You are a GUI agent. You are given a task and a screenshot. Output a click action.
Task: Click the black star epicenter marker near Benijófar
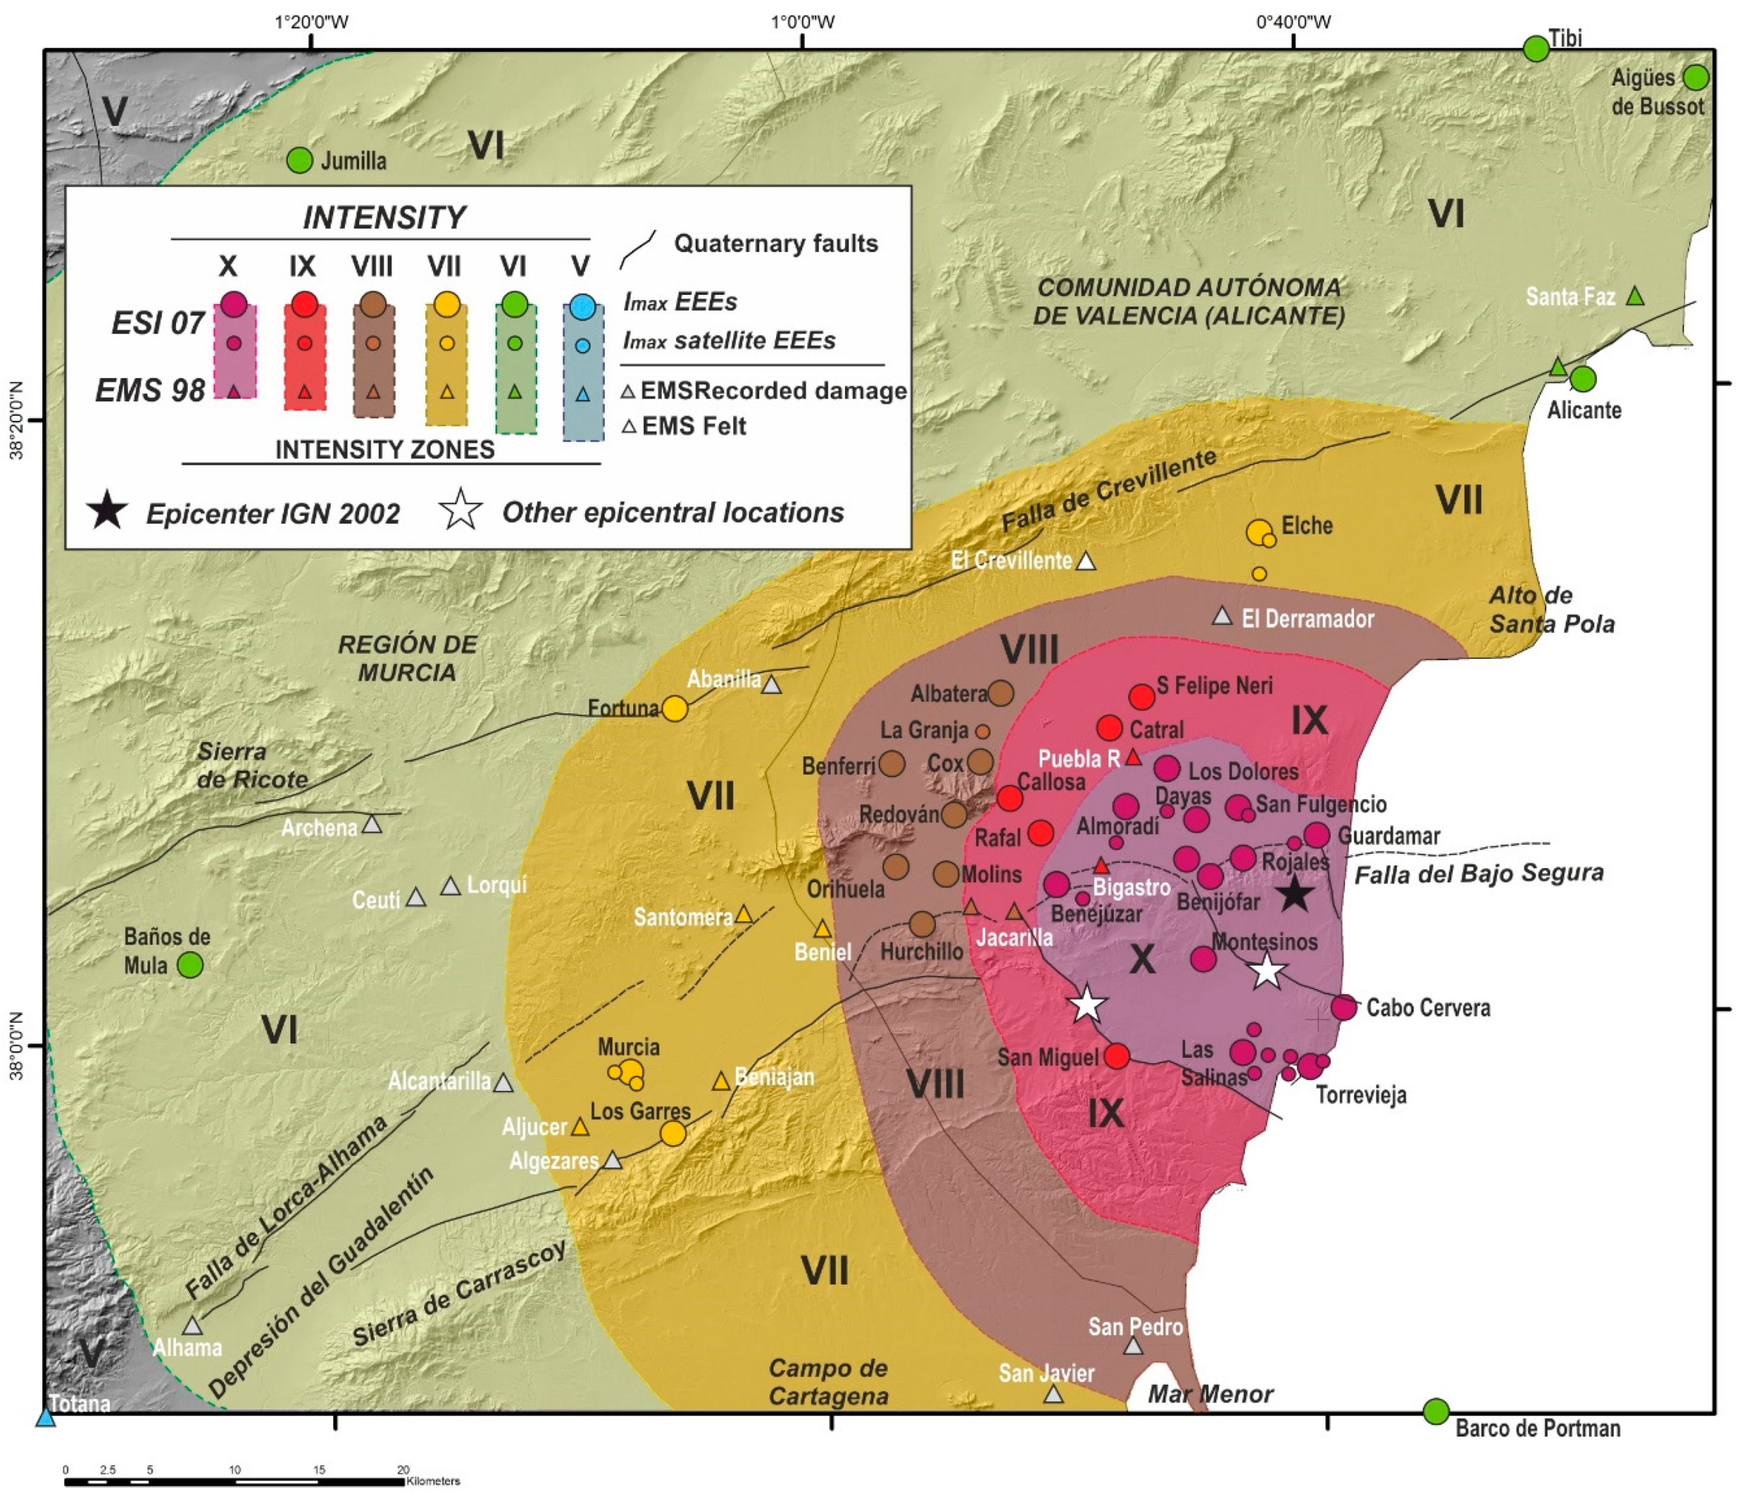coord(1294,893)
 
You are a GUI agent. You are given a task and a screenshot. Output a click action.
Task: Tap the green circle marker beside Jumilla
coord(299,159)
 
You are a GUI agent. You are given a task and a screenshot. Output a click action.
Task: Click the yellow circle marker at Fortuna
coord(674,708)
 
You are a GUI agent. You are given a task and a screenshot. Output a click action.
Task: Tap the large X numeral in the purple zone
coord(1142,959)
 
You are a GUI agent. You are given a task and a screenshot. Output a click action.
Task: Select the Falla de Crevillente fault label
coord(1109,490)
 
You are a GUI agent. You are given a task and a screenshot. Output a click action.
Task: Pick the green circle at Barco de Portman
coord(1436,1411)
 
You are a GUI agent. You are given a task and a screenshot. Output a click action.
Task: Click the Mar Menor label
coord(1210,1394)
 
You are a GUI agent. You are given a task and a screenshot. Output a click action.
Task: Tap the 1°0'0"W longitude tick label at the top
coord(803,21)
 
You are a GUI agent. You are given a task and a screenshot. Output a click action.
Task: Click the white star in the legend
coord(460,510)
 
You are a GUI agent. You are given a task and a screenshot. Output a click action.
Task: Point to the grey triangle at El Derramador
coord(1222,617)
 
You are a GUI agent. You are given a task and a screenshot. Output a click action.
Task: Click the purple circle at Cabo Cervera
coord(1344,1006)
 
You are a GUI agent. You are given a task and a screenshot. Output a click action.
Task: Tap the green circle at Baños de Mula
coord(190,964)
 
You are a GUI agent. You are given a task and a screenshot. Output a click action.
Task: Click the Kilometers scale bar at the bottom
coord(236,1481)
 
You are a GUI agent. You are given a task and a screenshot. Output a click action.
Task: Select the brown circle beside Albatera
coord(1001,693)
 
